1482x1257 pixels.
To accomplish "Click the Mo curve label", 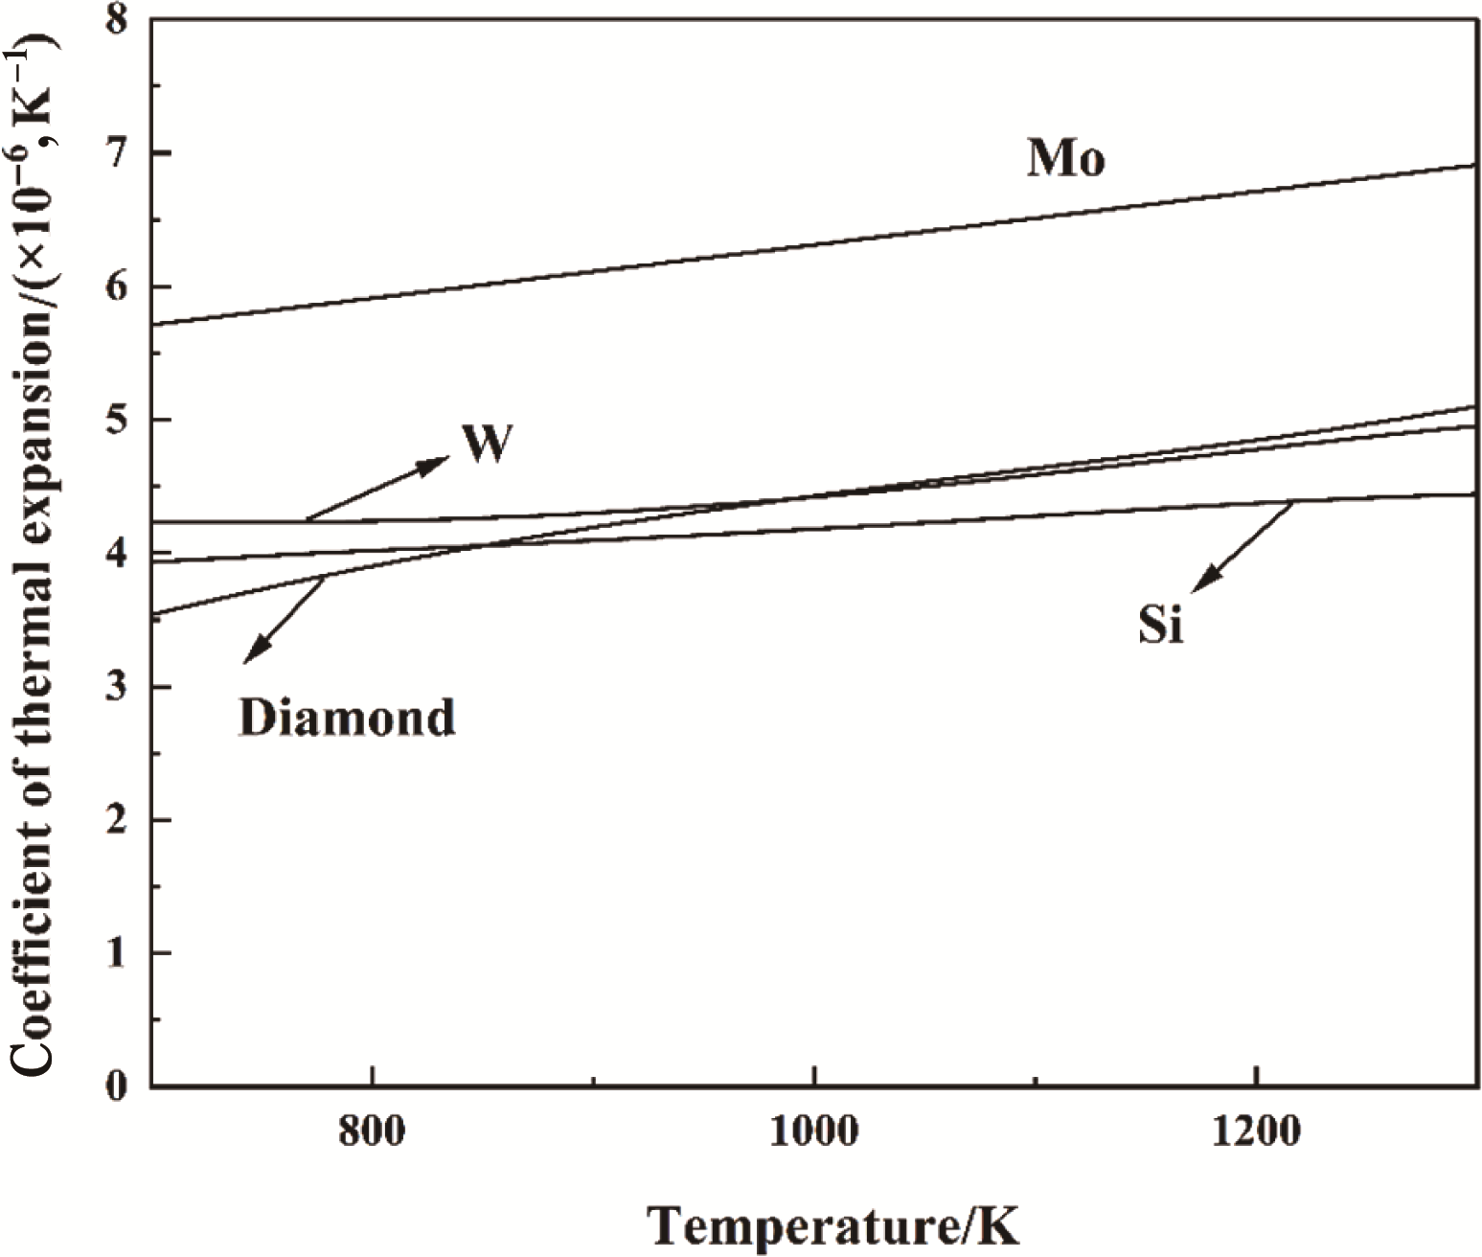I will [1065, 159].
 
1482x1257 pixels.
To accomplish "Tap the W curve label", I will [487, 444].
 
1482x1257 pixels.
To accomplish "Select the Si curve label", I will [1160, 625].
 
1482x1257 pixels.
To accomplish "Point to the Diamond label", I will [347, 718].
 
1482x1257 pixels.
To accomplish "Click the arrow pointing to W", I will [377, 490].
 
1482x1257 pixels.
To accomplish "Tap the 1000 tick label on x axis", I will [813, 1132].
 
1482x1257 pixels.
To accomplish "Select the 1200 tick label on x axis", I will [1255, 1132].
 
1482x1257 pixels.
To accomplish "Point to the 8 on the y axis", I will [116, 21].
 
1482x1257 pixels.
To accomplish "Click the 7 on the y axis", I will [116, 153].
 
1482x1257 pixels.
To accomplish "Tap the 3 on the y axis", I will [116, 687].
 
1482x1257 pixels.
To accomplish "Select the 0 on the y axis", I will [116, 1086].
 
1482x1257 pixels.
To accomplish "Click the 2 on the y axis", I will [116, 820].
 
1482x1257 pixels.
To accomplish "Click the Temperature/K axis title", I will [832, 1225].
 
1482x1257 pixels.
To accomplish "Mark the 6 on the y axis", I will [116, 286].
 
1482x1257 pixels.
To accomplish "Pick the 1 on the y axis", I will [116, 953].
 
